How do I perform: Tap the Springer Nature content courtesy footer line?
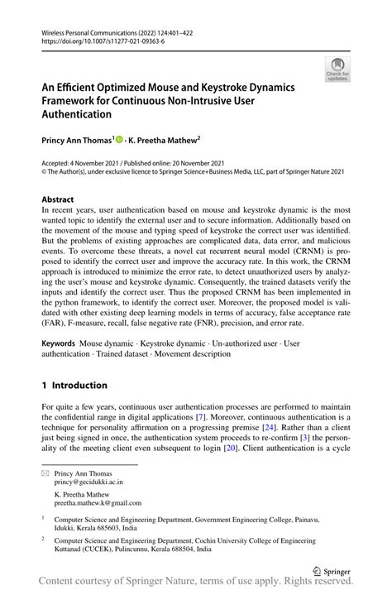pos(196,585)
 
